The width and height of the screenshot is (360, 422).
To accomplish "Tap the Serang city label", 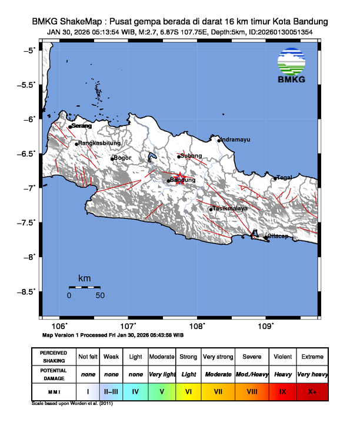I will click(82, 125).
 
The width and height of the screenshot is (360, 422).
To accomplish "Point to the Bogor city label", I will click(122, 158).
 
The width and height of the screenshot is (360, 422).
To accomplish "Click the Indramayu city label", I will click(235, 139).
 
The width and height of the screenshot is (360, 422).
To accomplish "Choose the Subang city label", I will click(192, 155).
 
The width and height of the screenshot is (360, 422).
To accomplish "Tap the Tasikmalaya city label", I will click(230, 208).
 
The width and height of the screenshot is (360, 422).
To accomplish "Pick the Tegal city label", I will click(285, 177).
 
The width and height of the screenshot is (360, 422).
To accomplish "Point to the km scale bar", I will click(84, 287).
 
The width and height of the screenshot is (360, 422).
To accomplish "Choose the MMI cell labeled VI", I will click(188, 391).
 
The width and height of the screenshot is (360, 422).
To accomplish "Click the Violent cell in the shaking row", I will click(282, 357).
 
